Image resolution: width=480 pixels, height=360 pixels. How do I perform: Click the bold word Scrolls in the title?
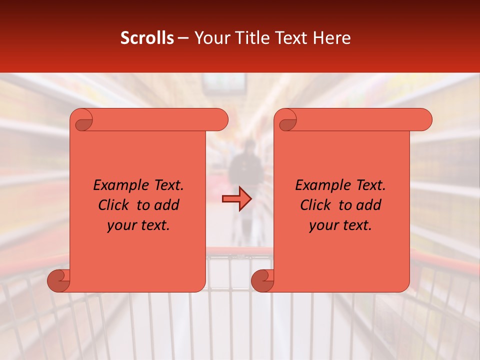click(x=147, y=38)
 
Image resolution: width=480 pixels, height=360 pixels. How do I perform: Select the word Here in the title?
click(x=332, y=38)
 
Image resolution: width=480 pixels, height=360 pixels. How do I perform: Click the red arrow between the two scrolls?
click(x=237, y=199)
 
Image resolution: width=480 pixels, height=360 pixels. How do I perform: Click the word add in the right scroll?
click(x=369, y=205)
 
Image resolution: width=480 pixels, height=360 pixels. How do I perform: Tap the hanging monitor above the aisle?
click(x=224, y=83)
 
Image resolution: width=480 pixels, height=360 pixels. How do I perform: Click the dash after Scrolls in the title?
click(x=183, y=38)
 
